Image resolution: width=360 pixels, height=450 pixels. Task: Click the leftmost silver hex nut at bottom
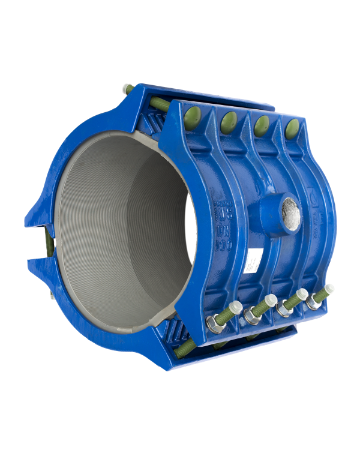[x=214, y=324]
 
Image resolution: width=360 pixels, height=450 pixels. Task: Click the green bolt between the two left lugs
[x=47, y=243]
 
